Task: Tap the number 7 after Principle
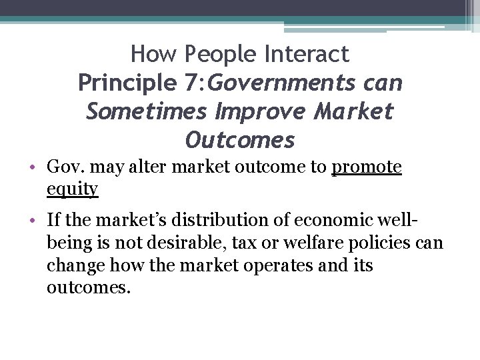coord(190,83)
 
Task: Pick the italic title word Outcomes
coord(240,141)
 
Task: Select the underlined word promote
coord(367,167)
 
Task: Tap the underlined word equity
coord(73,189)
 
